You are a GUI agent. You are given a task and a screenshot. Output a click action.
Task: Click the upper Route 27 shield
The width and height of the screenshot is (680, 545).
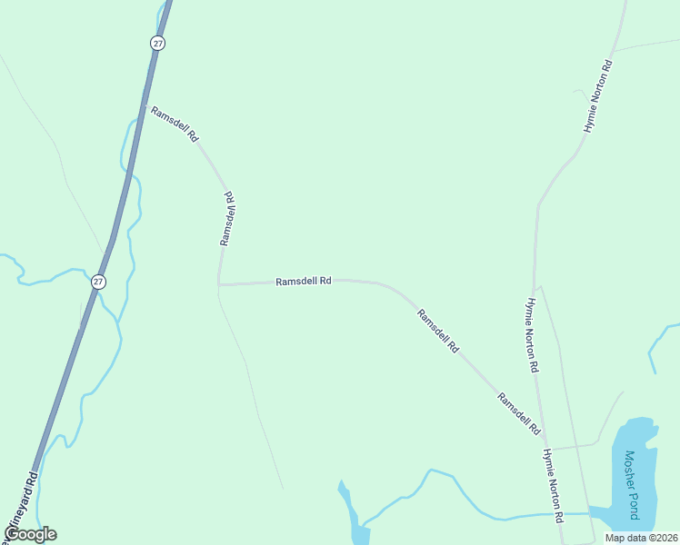158,43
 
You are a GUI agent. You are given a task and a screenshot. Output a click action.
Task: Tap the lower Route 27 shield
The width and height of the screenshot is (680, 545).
98,282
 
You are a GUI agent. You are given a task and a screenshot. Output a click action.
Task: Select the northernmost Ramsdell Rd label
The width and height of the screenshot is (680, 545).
175,124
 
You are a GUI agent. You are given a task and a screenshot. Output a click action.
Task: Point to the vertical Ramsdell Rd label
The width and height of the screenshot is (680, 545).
228,218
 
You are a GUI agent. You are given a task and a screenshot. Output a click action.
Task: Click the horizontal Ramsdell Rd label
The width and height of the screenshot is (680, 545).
303,282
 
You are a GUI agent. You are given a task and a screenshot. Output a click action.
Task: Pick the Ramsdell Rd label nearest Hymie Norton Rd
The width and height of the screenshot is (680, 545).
519,412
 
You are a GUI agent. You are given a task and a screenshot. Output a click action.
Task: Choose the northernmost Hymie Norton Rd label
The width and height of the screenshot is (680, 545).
599,97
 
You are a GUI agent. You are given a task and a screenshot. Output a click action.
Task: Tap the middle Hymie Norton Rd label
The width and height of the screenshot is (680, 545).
533,336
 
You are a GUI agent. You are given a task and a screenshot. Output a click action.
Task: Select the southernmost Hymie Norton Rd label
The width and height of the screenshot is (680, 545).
554,486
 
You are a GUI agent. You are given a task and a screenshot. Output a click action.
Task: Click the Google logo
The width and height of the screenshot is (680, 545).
30,534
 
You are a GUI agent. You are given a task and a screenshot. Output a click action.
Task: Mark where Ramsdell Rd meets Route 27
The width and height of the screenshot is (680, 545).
144,107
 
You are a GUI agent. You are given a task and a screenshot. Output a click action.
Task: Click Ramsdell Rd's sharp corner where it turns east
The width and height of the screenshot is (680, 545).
219,284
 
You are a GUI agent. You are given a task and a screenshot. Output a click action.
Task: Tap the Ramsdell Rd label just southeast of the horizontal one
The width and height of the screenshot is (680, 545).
438,332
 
